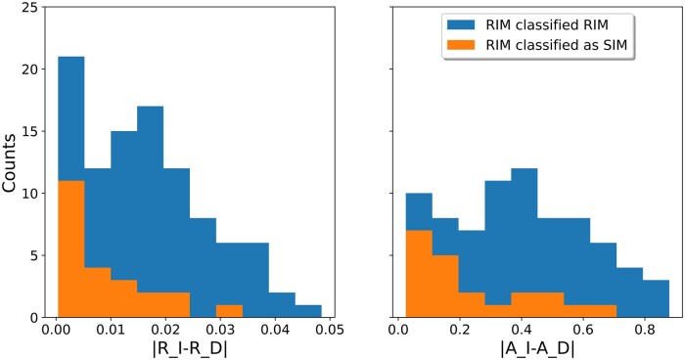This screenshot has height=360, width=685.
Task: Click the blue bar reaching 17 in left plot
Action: [x=151, y=196]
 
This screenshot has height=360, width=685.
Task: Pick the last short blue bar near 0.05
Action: [x=308, y=311]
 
